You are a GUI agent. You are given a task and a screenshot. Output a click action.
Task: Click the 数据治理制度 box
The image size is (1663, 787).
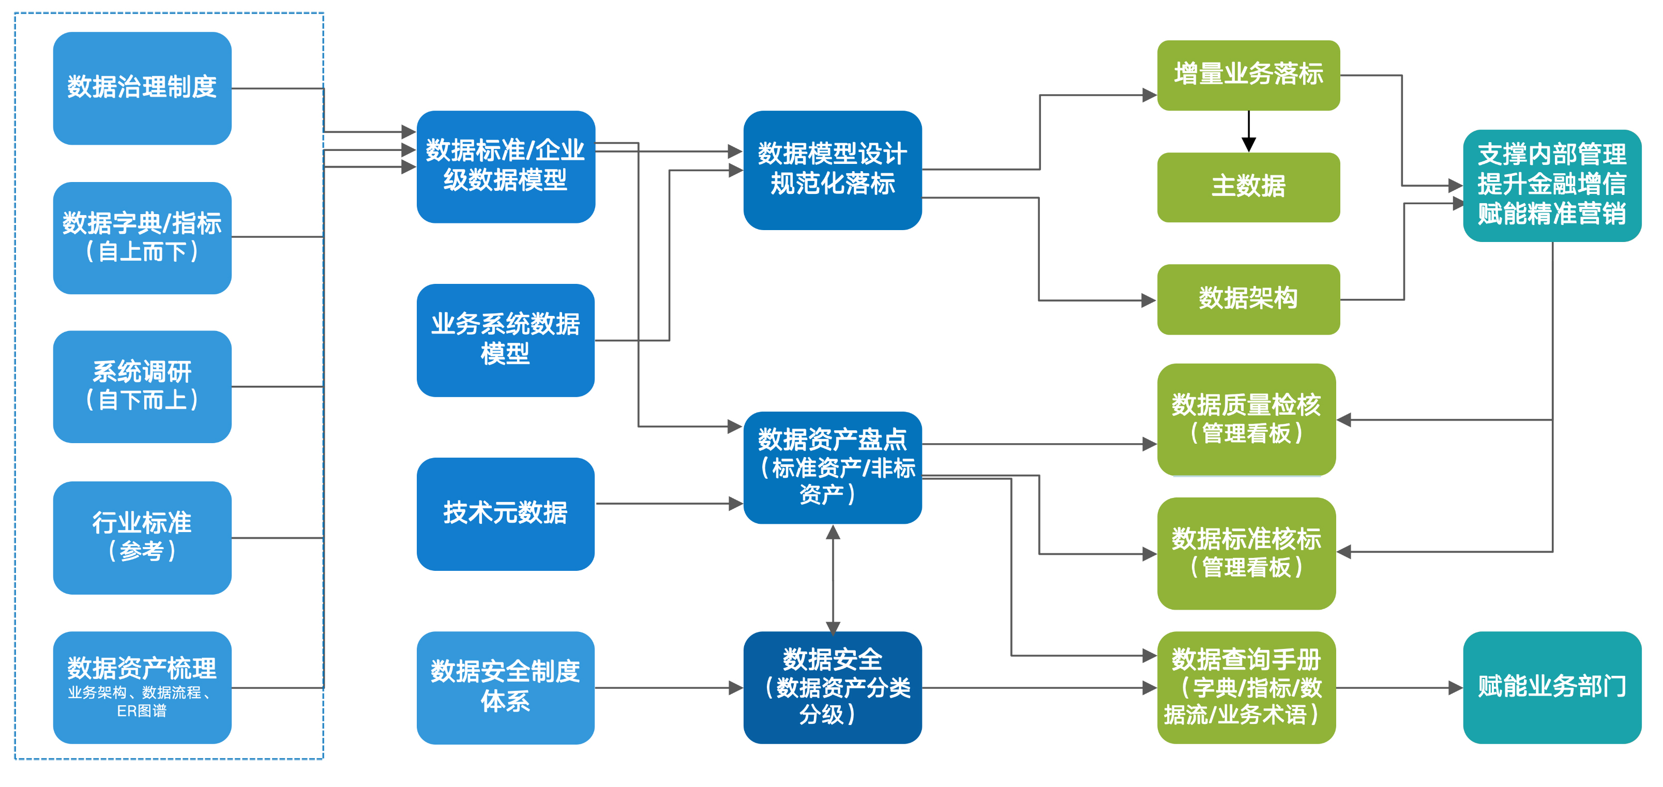tap(142, 88)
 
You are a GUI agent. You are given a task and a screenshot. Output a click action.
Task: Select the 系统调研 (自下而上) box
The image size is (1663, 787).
tap(142, 386)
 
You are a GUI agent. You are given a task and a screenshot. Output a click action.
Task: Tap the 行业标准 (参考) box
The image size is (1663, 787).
tap(142, 537)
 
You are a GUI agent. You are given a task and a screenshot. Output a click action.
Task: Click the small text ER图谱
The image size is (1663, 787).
tap(142, 711)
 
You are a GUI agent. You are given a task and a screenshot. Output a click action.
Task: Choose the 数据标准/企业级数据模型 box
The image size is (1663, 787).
tap(506, 167)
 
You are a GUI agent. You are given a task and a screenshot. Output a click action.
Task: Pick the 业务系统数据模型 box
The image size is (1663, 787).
tap(506, 340)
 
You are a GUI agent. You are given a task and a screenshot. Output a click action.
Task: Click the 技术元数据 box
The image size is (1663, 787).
tap(506, 513)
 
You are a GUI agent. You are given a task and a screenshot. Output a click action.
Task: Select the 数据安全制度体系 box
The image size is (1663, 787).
tap(506, 687)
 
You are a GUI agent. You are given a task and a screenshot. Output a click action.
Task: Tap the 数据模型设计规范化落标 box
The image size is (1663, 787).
tap(832, 169)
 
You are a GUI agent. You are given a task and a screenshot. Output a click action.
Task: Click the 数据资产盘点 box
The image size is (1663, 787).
tap(832, 467)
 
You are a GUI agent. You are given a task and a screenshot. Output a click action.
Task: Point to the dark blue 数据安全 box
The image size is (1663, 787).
tap(832, 687)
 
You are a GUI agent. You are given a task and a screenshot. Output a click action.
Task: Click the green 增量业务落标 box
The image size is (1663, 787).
tap(1248, 75)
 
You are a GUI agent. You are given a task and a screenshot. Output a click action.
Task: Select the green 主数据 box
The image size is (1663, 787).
tap(1248, 187)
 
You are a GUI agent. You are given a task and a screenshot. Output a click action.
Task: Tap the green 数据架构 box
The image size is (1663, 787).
tap(1248, 299)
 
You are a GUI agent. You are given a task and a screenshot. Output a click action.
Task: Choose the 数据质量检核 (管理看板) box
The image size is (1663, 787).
tap(1246, 419)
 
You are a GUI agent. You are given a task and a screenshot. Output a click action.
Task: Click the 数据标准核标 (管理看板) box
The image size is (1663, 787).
tap(1246, 553)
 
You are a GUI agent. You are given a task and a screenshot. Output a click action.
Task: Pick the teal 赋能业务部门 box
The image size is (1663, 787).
tap(1552, 687)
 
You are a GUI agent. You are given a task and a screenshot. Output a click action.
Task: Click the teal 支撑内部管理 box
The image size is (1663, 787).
tap(1552, 185)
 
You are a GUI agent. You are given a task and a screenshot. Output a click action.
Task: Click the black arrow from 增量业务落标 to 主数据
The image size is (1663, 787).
tap(1248, 131)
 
